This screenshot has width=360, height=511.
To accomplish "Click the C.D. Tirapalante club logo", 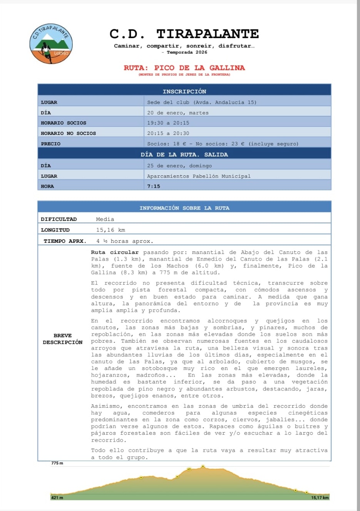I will click(x=51, y=44).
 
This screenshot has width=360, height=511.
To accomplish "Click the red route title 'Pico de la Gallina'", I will click(x=184, y=68).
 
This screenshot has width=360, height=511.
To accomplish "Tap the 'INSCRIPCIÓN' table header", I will click(x=184, y=91).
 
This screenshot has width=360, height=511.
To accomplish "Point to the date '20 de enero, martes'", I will click(x=177, y=113).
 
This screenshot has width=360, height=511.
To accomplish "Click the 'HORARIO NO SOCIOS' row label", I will click(x=68, y=133).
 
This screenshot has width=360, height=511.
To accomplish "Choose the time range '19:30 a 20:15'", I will click(x=168, y=123).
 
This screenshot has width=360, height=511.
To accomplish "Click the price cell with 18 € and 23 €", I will click(x=223, y=144).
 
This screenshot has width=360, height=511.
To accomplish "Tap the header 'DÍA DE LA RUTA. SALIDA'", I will click(x=184, y=155).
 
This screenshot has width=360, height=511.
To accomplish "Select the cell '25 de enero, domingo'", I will click(x=179, y=166).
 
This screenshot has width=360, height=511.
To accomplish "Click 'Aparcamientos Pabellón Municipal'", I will click(x=199, y=176).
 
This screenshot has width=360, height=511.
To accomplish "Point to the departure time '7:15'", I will click(x=153, y=186).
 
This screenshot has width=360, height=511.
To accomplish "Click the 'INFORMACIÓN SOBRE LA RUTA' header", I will click(x=184, y=208).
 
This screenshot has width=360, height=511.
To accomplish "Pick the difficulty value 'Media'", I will click(x=105, y=219).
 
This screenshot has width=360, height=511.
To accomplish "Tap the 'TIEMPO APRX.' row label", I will click(x=64, y=241).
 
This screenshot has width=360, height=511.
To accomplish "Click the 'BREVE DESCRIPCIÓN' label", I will click(x=62, y=339).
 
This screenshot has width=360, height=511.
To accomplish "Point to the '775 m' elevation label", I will click(x=57, y=463).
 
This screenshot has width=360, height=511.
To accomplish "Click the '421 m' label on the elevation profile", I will click(x=57, y=498).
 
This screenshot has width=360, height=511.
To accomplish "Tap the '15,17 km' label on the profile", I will click(x=320, y=498).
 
